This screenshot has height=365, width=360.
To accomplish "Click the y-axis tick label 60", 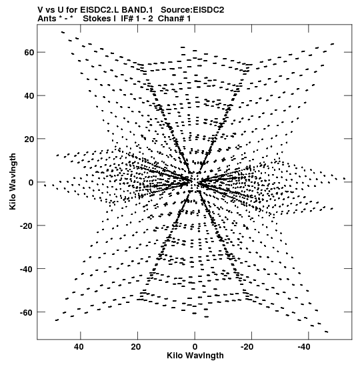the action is click(29, 53).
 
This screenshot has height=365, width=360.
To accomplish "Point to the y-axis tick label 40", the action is click(29, 96).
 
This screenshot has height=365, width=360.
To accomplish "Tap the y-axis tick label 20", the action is click(29, 139).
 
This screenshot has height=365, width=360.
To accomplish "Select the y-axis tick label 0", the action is click(31, 183).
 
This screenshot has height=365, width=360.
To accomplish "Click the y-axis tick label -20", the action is click(27, 226).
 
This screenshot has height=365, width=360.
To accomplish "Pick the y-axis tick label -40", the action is click(27, 269).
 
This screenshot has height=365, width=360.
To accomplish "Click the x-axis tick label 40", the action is click(79, 347).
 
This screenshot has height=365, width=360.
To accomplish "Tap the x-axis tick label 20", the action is click(136, 347).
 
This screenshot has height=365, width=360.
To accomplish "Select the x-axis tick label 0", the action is click(195, 347).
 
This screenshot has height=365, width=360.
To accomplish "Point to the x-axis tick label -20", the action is click(247, 347).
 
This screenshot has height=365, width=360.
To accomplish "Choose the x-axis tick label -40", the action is click(304, 347).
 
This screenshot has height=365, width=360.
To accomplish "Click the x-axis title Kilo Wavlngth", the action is click(195, 356).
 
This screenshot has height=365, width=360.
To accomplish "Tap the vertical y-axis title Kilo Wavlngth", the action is click(13, 181).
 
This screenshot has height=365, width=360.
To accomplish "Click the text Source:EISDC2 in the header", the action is click(193, 10).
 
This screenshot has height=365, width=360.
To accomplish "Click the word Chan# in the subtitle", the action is click(171, 19).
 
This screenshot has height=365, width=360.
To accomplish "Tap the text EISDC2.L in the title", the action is click(100, 10).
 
